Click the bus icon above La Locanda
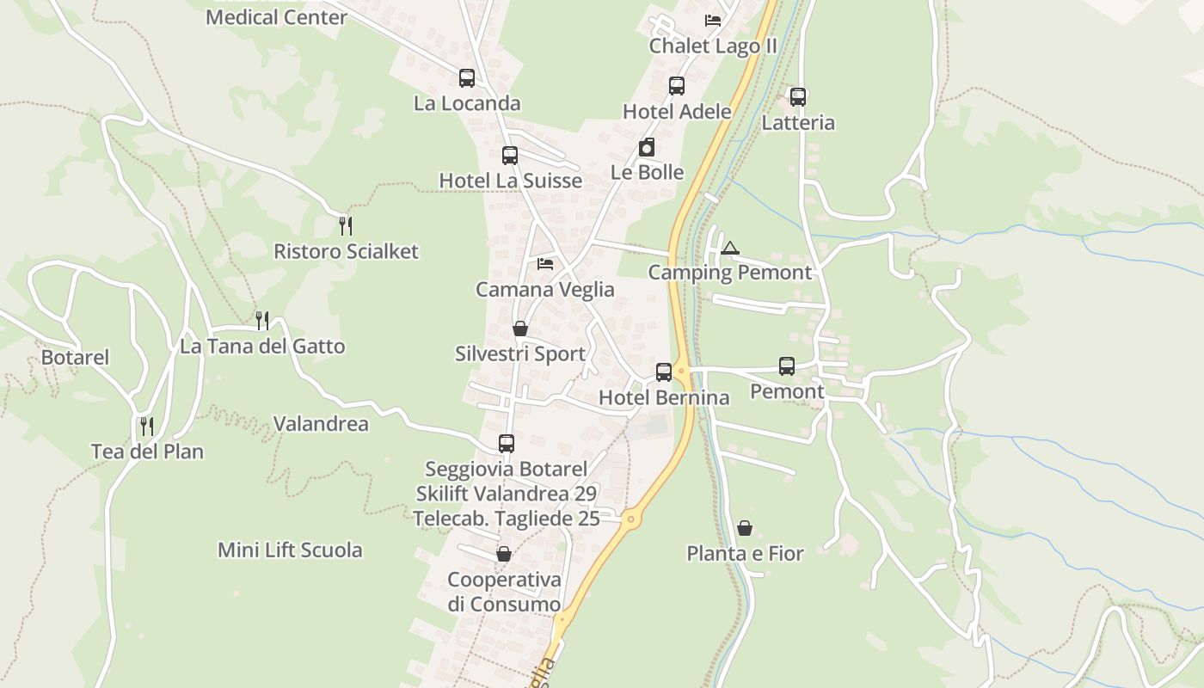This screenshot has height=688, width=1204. (467, 78)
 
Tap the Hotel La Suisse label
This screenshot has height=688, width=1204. (510, 181)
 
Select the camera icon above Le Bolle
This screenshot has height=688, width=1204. (647, 148)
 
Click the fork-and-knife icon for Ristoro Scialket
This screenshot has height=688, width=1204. (346, 226)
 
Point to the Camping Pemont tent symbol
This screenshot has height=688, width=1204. (730, 249)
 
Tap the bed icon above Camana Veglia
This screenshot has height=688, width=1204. (545, 264)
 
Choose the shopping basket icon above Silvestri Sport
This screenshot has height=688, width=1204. (519, 329)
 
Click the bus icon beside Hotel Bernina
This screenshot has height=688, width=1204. (664, 372)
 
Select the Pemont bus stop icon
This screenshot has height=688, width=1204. (787, 366)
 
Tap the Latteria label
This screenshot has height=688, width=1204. (798, 123)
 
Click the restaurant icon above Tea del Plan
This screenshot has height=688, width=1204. (147, 427)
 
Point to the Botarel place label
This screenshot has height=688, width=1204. (76, 357)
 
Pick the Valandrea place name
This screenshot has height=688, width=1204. (321, 424)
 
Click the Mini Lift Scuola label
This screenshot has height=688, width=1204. (290, 550)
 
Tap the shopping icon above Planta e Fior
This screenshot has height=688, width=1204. (745, 528)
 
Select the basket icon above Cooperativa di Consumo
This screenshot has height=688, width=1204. (504, 554)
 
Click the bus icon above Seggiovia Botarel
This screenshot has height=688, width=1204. (507, 444)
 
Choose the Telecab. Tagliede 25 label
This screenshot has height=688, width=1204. (506, 519)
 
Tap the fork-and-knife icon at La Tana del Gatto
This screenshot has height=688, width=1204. (262, 321)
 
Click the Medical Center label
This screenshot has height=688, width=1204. (276, 17)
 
